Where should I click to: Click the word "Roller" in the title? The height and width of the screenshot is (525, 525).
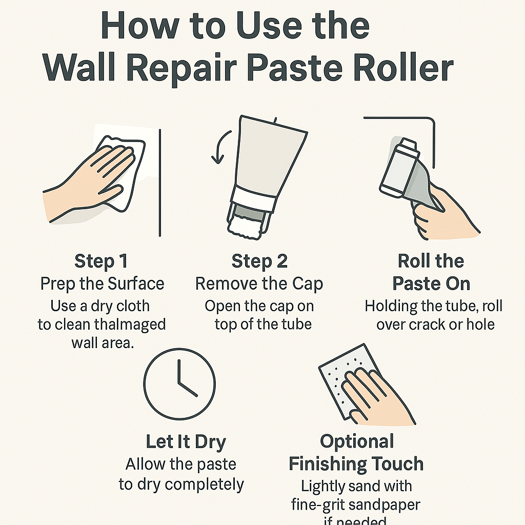point(395,69)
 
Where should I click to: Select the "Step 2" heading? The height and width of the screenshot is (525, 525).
point(259,261)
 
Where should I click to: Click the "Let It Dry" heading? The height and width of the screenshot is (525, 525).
point(186,442)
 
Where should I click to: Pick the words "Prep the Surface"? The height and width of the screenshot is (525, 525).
point(102,284)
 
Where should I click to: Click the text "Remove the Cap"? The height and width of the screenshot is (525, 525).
point(259,284)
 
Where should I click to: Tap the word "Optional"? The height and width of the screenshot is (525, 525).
point(357,441)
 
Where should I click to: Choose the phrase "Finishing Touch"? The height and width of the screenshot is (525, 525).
point(356,464)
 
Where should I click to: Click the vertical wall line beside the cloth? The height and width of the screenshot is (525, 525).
point(161,182)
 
